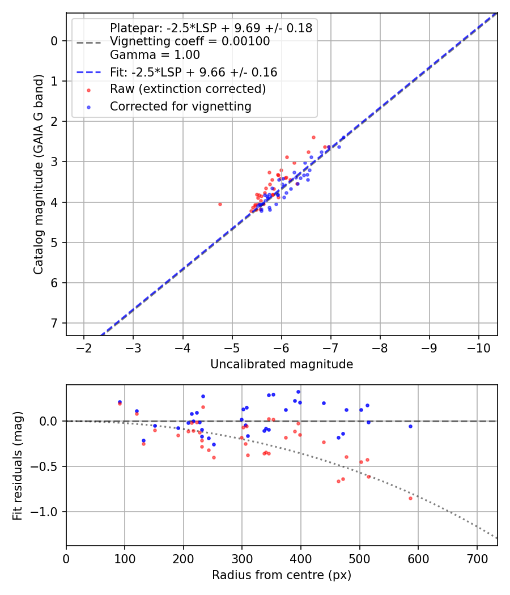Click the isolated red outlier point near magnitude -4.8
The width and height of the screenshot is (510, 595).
[x=220, y=204]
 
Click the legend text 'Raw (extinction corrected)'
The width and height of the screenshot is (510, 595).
[x=188, y=89]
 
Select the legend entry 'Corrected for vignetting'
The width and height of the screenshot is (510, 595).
[x=180, y=106]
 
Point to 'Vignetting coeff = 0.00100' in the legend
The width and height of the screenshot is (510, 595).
[x=189, y=41]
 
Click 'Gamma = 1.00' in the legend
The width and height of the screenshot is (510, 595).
[x=155, y=55]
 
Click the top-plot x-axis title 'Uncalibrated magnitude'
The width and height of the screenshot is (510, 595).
[x=282, y=364]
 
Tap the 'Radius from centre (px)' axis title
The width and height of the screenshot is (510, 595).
[x=282, y=575]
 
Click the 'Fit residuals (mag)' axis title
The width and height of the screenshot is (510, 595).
[x=18, y=466]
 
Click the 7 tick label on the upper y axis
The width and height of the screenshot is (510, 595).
[x=55, y=323]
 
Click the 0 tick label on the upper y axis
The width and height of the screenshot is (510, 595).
[x=55, y=41]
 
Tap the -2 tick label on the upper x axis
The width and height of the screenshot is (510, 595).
[x=84, y=346]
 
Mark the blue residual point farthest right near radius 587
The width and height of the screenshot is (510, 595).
[x=410, y=426]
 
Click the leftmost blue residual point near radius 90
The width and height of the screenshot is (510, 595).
[x=120, y=402]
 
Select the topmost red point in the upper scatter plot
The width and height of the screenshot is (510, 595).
[x=313, y=137]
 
